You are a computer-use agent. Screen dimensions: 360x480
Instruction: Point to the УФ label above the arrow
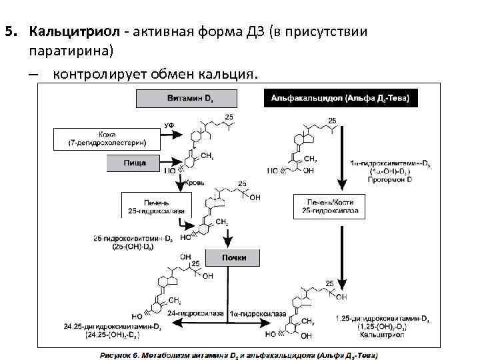[x=170, y=125]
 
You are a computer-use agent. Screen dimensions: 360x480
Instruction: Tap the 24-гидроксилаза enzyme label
[x=190, y=313]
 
